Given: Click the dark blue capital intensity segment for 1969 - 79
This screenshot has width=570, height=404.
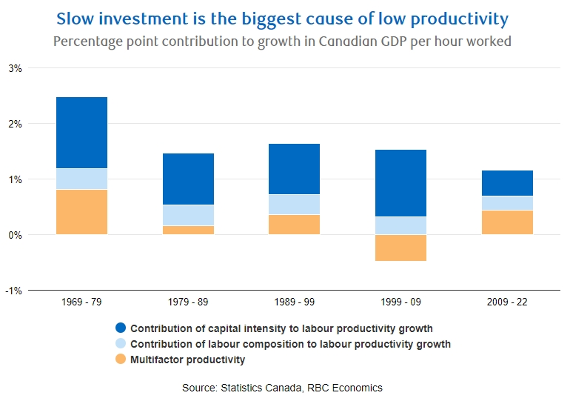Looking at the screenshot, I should point(81,133).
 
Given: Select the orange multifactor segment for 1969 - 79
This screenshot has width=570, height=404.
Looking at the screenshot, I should point(81,212).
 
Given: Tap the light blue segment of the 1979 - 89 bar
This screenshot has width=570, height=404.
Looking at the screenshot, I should point(188,215).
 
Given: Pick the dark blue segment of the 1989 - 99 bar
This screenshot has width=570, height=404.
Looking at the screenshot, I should point(294,169).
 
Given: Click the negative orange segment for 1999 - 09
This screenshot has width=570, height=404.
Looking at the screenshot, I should point(400,248).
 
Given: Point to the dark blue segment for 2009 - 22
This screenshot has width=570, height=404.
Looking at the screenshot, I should point(507,183).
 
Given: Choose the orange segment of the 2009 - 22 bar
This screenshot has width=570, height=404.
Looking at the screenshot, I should point(507,222).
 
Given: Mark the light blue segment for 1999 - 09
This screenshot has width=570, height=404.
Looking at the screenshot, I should point(400,225).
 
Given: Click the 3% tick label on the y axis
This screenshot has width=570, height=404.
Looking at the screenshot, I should point(16,68).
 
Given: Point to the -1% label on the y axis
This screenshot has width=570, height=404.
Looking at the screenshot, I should point(14,291).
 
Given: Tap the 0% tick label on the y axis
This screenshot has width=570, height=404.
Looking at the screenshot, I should point(16,235).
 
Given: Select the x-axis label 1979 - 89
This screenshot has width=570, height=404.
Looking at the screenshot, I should point(188,302).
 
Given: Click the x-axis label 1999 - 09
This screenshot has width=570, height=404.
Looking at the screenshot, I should point(400,302).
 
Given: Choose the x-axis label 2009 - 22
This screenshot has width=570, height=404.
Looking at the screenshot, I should point(507,302).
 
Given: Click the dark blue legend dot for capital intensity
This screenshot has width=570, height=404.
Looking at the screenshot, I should point(121,328).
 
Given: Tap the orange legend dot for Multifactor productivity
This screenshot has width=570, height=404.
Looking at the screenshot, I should point(121,360).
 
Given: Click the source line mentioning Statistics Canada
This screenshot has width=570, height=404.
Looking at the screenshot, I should point(282,388).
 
